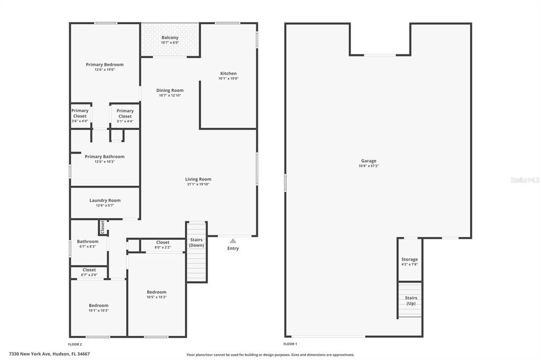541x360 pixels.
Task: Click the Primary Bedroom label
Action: pos(105,65)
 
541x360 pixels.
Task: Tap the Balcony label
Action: pos(170,38)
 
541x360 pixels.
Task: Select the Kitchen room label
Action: pos(228,74)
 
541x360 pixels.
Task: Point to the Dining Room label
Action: pos(170,91)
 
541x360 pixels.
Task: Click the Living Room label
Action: pos(198,179)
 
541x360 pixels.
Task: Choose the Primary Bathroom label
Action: pos(105,157)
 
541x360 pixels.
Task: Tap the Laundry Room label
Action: pos(105,201)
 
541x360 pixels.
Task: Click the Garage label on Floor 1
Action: pos(369,161)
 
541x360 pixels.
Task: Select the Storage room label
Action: pos(409,260)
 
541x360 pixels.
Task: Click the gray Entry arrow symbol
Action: pos(233,241)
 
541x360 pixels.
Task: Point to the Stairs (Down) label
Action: pos(197,242)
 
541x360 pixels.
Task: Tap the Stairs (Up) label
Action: pos(411,300)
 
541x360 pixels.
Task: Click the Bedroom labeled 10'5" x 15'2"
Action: pos(156,292)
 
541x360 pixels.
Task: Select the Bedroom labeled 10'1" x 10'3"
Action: pos(98,306)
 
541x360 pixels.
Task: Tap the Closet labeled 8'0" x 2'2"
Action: pos(163,243)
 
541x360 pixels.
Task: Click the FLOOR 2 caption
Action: pos(75,344)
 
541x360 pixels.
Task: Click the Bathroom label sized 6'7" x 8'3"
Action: pos(88,242)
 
